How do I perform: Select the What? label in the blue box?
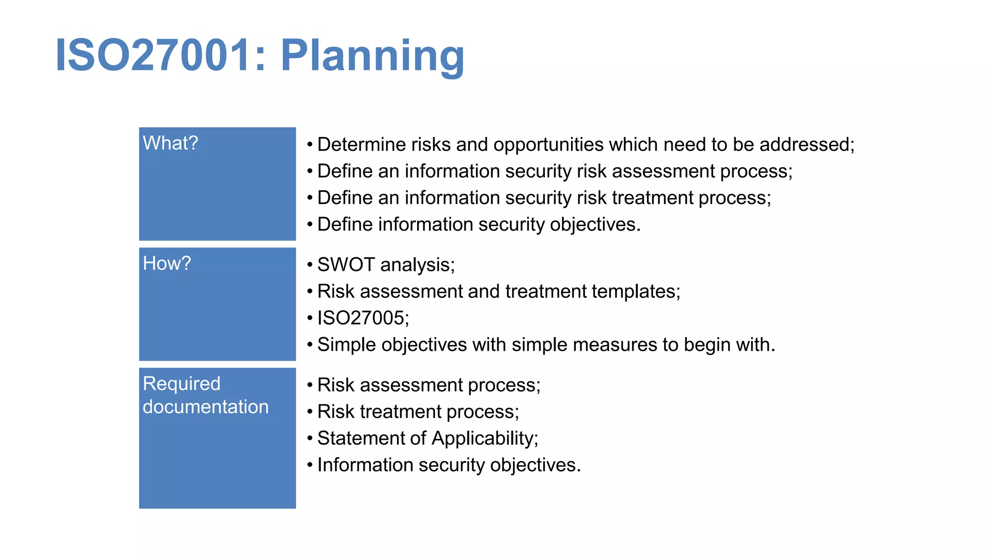170,143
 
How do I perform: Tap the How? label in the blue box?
167,263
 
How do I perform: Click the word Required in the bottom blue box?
182,384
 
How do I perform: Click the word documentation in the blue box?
205,407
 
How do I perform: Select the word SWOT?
346,265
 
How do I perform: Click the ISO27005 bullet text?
363,318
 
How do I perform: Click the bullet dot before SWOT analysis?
310,265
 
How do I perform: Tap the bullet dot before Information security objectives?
310,465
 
